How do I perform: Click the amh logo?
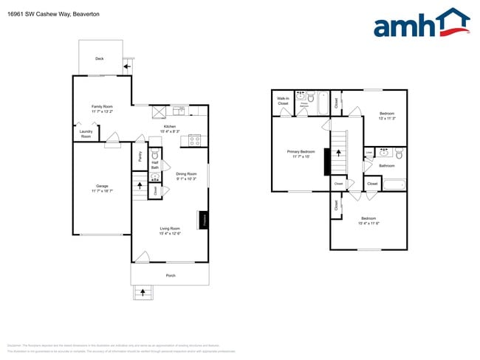coord(421,24)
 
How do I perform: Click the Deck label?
coord(99,58)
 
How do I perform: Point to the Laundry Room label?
coord(86,134)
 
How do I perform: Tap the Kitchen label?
coord(170,126)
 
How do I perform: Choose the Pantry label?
coord(140,156)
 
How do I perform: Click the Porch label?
coord(170,275)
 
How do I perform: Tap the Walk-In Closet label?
coord(283,101)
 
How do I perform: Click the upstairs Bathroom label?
coord(387,165)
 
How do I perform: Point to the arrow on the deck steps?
coord(128,66)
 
